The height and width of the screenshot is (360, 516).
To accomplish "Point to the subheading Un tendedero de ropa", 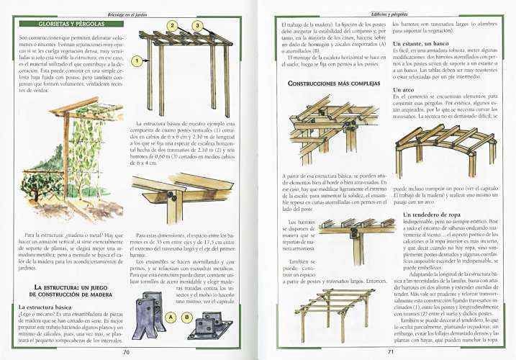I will [433, 215].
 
